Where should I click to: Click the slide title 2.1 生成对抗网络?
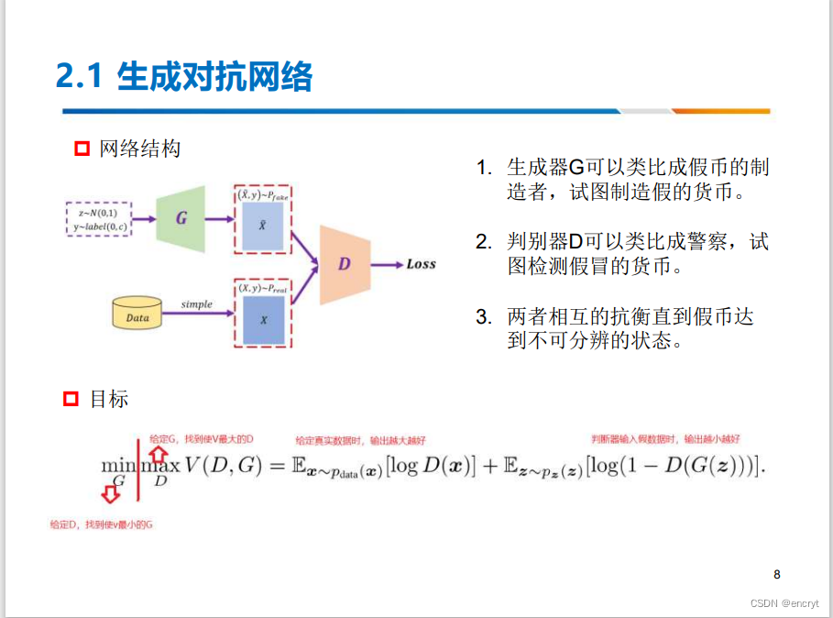(x=184, y=77)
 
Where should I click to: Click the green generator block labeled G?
(x=181, y=218)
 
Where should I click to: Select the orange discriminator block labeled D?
(x=345, y=263)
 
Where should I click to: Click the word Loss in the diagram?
(x=421, y=264)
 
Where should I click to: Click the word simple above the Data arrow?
(x=196, y=303)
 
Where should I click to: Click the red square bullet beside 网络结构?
(x=82, y=149)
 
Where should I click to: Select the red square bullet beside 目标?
(x=71, y=399)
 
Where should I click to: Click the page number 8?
(x=777, y=575)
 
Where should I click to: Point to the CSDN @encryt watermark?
(x=784, y=603)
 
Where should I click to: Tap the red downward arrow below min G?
(x=111, y=495)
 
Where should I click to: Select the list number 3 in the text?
(x=484, y=317)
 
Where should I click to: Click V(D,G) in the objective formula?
(x=223, y=465)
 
